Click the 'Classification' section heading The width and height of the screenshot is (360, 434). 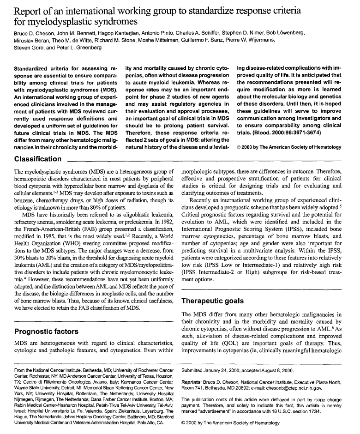tap(38, 159)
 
